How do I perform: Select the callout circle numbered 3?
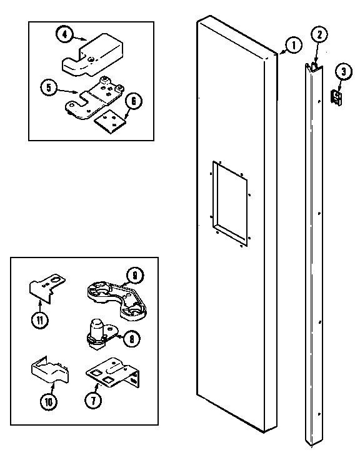(x=342, y=71)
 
